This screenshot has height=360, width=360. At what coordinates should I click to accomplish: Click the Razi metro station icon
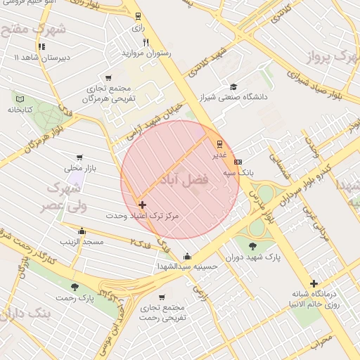pos(139,15)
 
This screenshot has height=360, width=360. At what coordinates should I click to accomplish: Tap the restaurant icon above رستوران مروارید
pos(146,42)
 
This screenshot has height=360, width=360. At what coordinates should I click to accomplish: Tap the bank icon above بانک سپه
pos(238,161)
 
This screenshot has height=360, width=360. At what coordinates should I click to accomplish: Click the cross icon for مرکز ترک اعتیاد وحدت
pos(143,205)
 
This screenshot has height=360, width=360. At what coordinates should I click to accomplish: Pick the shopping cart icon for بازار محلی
pos(79,157)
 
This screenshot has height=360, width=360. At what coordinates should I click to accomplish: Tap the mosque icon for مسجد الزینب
pos(82,231)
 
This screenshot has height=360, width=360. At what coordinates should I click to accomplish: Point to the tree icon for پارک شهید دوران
pos(252,246)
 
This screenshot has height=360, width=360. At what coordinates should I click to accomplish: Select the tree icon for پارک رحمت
pos(75,287)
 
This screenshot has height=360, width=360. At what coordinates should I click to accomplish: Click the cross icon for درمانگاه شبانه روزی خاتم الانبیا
pos(314,283)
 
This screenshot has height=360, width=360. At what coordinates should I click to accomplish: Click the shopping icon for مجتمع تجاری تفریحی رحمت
pos(162,297)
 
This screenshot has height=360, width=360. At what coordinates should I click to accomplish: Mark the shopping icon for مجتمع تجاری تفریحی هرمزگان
pos(108,78)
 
